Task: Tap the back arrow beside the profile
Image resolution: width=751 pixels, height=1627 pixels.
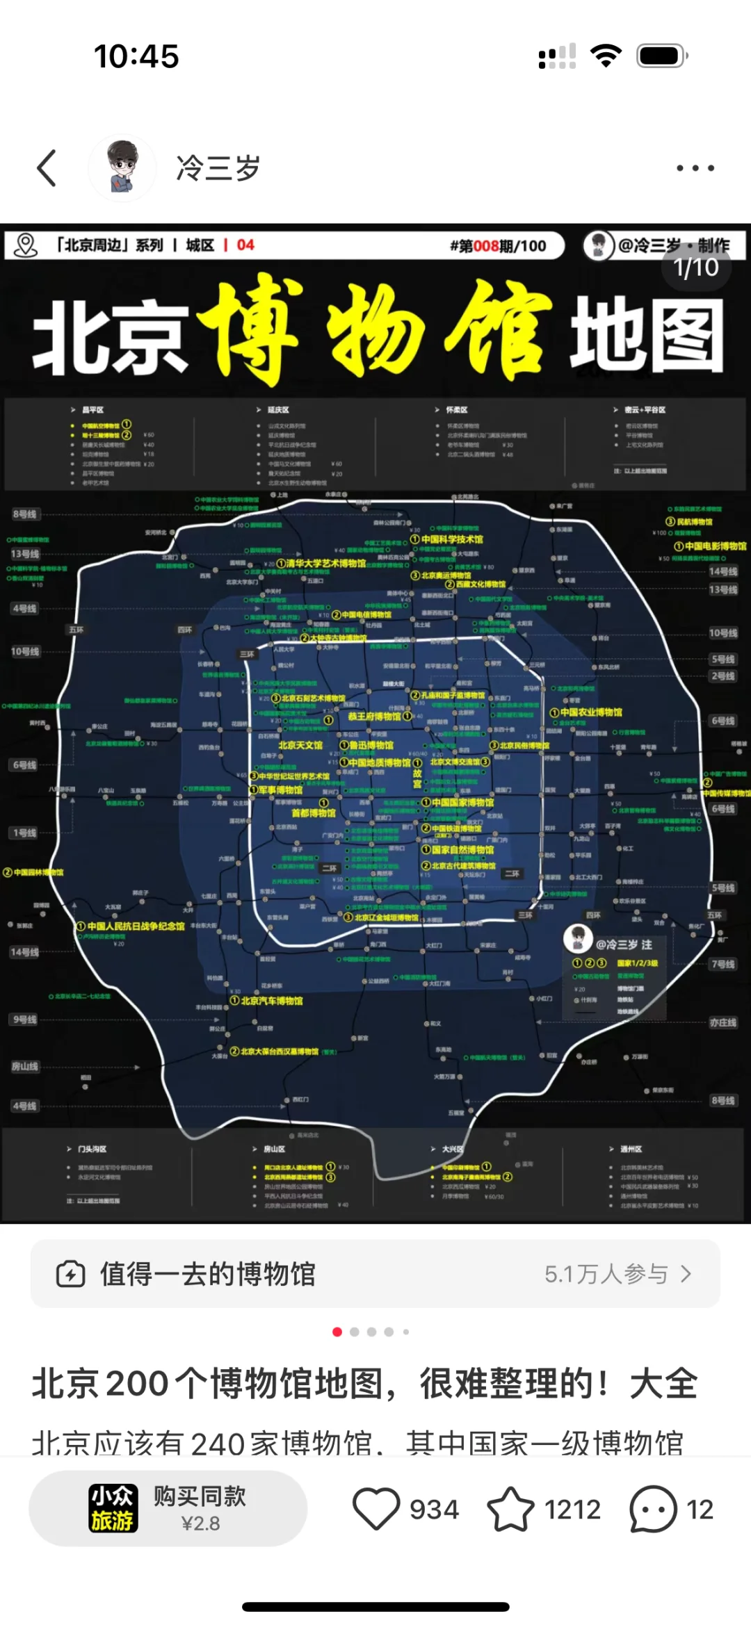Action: click(47, 168)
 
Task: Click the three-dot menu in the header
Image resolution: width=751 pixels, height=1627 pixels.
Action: click(695, 168)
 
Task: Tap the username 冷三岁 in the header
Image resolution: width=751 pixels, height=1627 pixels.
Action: click(218, 168)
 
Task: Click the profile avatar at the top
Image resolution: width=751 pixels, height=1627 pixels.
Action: click(122, 168)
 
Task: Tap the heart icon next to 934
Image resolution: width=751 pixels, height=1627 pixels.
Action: click(376, 1509)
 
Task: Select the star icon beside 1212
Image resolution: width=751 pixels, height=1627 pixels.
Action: click(510, 1509)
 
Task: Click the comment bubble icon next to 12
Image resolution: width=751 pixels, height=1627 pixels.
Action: click(652, 1509)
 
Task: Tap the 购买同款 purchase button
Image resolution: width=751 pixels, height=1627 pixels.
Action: click(168, 1508)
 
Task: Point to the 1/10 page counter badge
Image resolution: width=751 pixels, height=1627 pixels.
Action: click(696, 268)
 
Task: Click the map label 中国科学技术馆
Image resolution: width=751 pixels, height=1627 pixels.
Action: click(451, 539)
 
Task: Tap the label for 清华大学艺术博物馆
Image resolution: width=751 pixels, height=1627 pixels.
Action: click(325, 563)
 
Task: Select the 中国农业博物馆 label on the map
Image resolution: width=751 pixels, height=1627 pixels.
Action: click(590, 712)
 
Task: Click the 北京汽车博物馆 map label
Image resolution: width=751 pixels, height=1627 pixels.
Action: click(271, 1001)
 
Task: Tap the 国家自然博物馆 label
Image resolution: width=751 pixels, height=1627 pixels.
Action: click(462, 849)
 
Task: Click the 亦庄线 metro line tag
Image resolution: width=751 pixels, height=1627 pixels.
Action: click(723, 1022)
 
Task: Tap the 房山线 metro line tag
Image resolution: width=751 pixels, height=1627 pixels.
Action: click(25, 1066)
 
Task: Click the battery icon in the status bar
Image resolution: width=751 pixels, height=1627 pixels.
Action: click(662, 56)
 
